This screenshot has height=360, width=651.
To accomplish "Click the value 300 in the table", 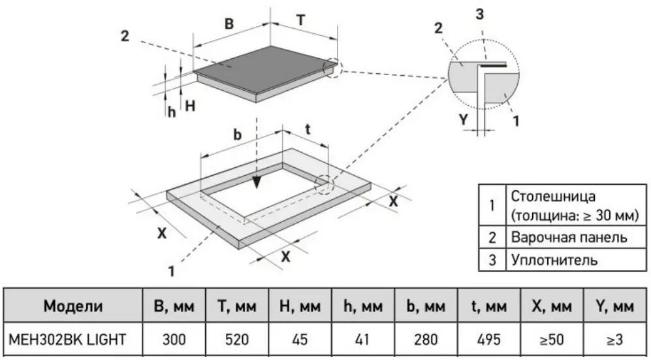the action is (174, 340).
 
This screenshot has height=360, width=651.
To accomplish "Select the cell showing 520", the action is (236, 340).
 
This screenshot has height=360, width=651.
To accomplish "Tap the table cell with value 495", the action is (488, 340).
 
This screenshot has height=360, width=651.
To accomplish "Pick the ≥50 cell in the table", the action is (552, 340).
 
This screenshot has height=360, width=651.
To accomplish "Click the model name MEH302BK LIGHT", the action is (67, 340).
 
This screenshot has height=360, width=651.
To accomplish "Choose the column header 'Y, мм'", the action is (615, 306).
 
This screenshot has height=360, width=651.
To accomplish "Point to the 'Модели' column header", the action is (73, 306).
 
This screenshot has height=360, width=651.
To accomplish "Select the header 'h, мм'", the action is (363, 306).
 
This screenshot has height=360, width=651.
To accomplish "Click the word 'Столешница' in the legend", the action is (553, 196).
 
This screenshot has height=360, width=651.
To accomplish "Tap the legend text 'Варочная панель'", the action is (569, 238).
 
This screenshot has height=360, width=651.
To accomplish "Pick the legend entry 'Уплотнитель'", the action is (554, 260).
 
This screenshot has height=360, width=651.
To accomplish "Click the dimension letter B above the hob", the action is (229, 24).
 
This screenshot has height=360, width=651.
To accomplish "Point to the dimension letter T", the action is (301, 20).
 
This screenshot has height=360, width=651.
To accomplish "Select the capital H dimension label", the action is (190, 106).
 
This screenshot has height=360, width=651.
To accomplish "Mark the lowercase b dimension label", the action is (238, 135).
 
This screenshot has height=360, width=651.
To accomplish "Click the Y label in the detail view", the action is (464, 120).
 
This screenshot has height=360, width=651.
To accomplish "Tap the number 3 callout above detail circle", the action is (480, 14).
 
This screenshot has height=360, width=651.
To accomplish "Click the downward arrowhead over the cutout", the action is (257, 182).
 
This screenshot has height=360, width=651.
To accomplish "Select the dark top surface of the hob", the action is (266, 69).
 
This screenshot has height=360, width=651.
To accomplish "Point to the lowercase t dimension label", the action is (308, 129).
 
